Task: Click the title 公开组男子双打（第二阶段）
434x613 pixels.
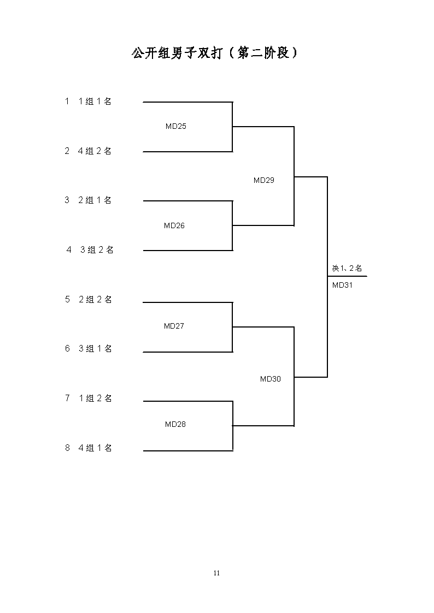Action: [215, 53]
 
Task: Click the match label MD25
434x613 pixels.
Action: [175, 126]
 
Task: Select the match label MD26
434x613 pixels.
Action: [174, 225]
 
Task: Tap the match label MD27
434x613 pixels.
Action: [174, 326]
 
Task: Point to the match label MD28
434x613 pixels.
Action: [175, 424]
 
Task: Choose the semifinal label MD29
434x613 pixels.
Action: [264, 180]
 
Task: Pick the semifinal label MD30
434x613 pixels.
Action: [271, 379]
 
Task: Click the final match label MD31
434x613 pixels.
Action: [342, 285]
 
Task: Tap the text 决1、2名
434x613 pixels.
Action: [347, 268]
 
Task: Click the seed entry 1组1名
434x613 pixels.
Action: [95, 101]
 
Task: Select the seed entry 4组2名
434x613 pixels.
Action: [95, 151]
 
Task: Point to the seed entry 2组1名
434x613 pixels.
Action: [95, 200]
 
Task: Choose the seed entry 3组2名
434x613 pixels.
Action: [97, 250]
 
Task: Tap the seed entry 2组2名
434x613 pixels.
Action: [95, 300]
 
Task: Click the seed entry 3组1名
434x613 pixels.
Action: [95, 348]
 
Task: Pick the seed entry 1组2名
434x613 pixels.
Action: [95, 398]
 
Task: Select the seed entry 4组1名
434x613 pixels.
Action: [95, 448]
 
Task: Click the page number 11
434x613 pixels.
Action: [217, 573]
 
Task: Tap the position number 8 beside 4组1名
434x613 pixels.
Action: [67, 448]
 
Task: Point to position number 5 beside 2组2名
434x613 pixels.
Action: [67, 300]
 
